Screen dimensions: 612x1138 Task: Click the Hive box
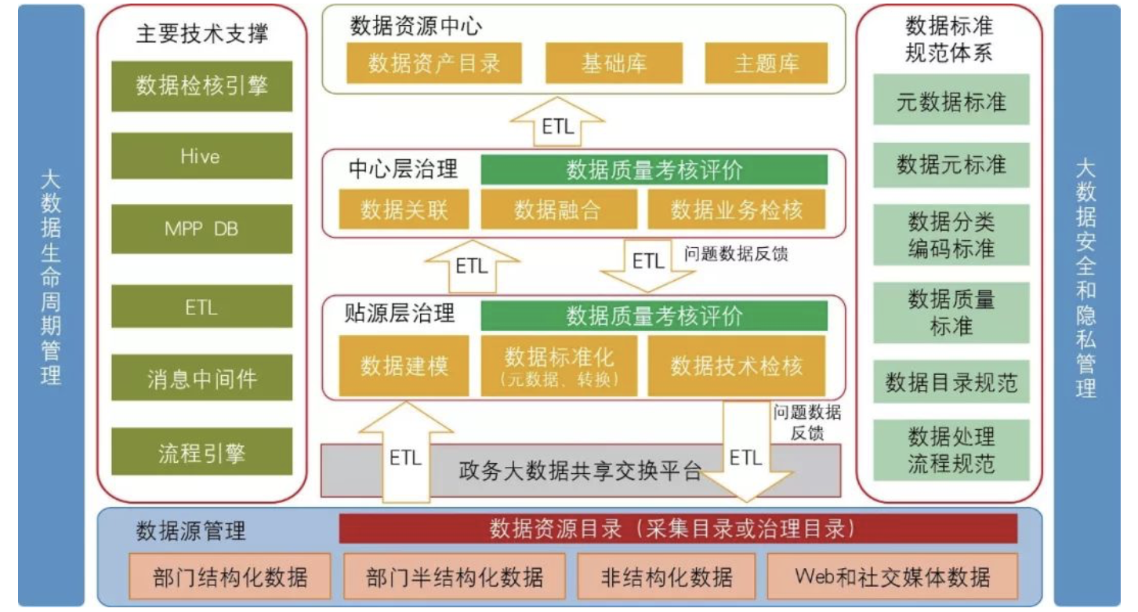(201, 156)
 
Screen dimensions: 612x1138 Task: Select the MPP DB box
(201, 229)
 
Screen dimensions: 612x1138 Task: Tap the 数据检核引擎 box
(201, 86)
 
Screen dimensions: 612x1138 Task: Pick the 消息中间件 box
(201, 380)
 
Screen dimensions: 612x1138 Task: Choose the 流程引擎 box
(201, 452)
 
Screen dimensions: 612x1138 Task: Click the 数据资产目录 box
(434, 63)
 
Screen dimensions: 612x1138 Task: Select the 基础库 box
(614, 63)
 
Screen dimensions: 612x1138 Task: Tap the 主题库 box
(767, 63)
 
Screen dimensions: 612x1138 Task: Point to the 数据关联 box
(404, 210)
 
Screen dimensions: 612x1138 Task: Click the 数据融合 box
(559, 210)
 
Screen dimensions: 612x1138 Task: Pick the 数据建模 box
(404, 366)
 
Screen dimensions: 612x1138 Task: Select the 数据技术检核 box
(737, 366)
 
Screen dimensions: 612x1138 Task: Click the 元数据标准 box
(951, 100)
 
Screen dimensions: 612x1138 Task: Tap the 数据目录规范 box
(951, 382)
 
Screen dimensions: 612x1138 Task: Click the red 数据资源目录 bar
(678, 529)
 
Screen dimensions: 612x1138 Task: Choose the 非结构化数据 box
(666, 577)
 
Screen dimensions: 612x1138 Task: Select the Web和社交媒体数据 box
(892, 577)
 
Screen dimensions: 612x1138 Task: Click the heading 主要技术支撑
(201, 34)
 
